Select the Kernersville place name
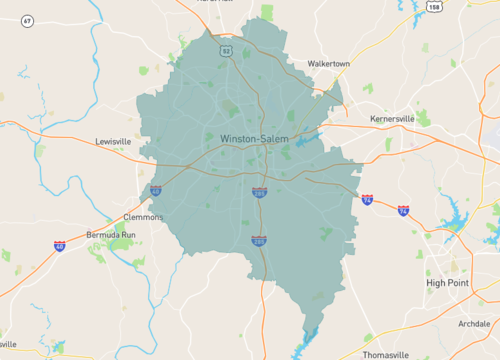391,118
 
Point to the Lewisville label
112,142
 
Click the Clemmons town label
142,216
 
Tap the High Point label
450,283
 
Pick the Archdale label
473,324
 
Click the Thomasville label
385,355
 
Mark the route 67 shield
27,20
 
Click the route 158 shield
433,7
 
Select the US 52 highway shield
227,50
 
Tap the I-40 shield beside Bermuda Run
60,246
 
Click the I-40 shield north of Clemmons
155,189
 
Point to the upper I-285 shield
259,191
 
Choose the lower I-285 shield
259,241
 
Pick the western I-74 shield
367,200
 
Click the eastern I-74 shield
403,211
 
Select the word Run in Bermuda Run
130,235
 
